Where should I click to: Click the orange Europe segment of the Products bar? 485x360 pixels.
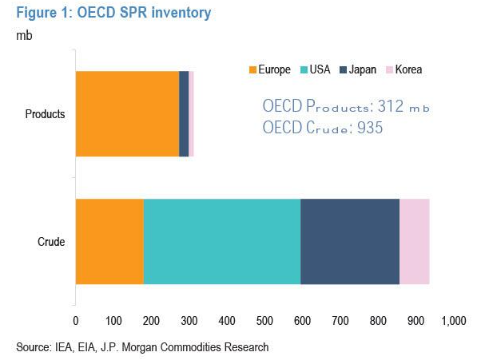click(x=127, y=113)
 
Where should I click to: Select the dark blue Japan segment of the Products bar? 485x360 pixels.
click(x=184, y=113)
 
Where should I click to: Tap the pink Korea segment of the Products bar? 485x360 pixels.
click(x=191, y=113)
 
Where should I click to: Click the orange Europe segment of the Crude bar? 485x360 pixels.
click(x=109, y=241)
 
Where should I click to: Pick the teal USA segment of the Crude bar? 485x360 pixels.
click(x=222, y=241)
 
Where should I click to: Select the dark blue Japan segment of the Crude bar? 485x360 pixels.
click(x=350, y=241)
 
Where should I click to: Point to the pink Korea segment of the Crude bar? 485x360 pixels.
click(x=414, y=241)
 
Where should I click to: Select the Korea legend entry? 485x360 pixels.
click(x=404, y=69)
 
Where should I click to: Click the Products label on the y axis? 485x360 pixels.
click(x=45, y=113)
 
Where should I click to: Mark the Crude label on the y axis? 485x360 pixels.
click(x=51, y=241)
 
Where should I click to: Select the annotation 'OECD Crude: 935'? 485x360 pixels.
click(x=323, y=127)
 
